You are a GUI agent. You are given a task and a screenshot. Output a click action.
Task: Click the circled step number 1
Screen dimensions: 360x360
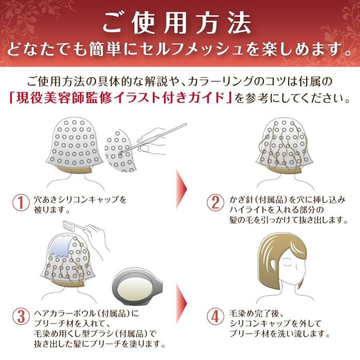20,203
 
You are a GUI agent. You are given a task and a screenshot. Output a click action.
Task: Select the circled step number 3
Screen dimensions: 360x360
20,316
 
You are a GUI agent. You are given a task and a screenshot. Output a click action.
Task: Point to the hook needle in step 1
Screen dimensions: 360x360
160,136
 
